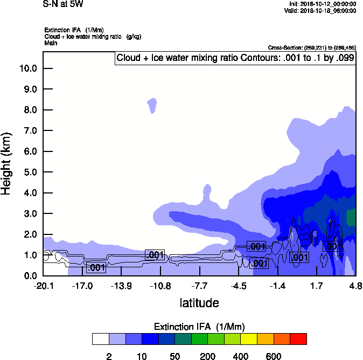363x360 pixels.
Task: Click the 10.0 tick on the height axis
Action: pyautogui.click(x=28, y=68)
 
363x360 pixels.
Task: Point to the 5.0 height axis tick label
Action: pyautogui.click(x=28, y=172)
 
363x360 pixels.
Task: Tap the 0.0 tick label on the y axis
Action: pyautogui.click(x=28, y=276)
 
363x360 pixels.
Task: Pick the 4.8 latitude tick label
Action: pyautogui.click(x=354, y=286)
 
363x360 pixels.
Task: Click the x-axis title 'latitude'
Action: pyautogui.click(x=199, y=303)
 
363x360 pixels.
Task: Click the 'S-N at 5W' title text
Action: pyautogui.click(x=63, y=4)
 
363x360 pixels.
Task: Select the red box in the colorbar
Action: pyautogui.click(x=298, y=339)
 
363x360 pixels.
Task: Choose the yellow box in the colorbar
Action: pyautogui.click(x=249, y=339)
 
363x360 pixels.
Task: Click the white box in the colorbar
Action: pyautogui.click(x=100, y=339)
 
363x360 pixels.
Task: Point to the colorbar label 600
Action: pyautogui.click(x=274, y=356)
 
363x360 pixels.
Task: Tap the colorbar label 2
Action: pyautogui.click(x=109, y=356)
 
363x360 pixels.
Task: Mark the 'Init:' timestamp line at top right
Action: pyautogui.click(x=320, y=4)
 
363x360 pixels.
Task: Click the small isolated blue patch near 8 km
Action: pyautogui.click(x=152, y=105)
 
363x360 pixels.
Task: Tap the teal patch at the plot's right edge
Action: pyautogui.click(x=351, y=217)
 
